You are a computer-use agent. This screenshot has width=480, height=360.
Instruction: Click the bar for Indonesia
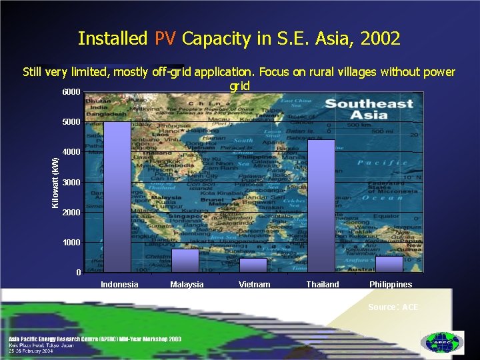117,197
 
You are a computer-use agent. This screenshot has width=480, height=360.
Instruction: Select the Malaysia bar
185,261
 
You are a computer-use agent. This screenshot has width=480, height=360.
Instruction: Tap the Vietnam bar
253,265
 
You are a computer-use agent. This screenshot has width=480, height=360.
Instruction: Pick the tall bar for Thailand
321,205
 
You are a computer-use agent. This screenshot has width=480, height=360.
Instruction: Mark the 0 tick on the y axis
79,273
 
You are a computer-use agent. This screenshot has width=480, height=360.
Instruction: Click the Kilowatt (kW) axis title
56,181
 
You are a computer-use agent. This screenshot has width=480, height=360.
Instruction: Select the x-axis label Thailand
322,285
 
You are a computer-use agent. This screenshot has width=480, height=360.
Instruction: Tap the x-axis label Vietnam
254,285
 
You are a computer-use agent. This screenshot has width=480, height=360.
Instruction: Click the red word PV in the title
165,39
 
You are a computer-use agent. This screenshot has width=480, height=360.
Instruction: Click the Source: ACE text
393,307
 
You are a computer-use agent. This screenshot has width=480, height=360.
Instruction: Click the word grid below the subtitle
239,86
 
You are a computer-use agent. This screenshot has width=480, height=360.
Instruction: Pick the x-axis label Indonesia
119,285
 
